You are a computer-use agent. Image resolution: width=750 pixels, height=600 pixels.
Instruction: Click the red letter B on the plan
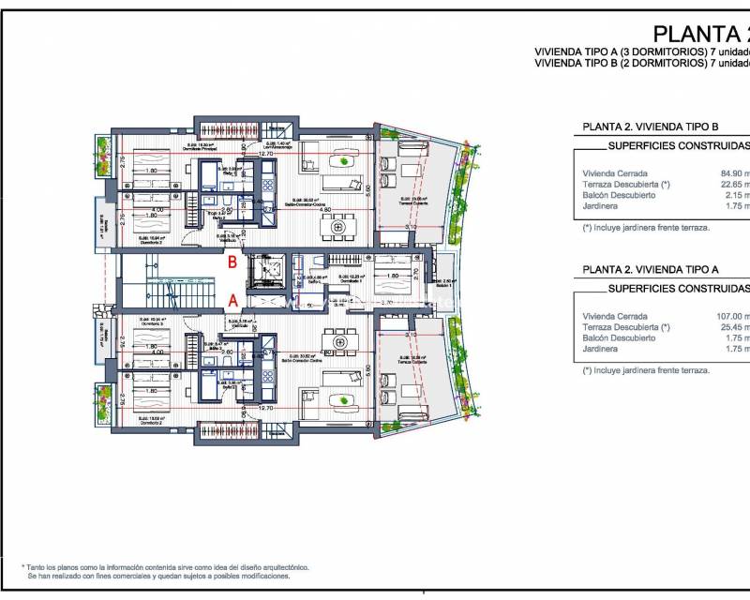coord(232,263)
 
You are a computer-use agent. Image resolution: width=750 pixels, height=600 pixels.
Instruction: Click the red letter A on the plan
coord(232,301)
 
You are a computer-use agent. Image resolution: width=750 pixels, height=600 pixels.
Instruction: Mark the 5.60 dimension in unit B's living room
coord(369,188)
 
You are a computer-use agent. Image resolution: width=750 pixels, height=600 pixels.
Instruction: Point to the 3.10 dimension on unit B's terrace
coord(411,228)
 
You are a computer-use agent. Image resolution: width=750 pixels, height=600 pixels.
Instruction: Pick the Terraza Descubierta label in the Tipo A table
coord(626,327)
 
